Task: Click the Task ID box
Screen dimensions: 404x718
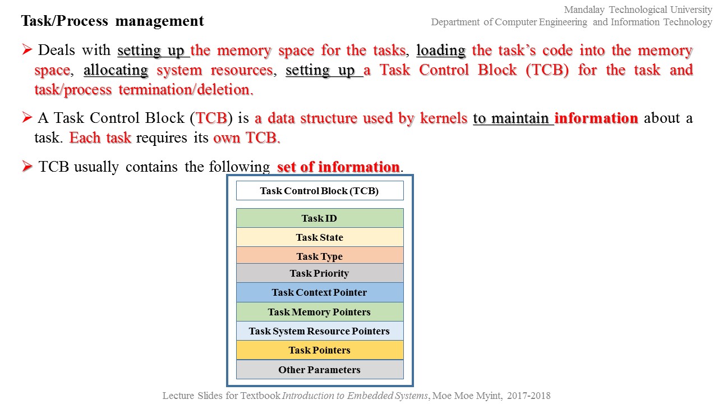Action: tap(319, 218)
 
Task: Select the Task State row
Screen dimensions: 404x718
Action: tap(319, 237)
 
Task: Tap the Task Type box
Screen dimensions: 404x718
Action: tap(319, 256)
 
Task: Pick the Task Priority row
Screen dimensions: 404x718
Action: tap(319, 273)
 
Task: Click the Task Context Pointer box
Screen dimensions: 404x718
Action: tap(319, 292)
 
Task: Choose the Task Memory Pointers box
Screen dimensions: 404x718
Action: tap(319, 312)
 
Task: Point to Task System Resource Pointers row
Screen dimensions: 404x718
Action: tap(319, 331)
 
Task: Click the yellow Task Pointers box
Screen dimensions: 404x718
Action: tap(319, 350)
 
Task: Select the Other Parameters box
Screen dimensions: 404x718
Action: tap(319, 370)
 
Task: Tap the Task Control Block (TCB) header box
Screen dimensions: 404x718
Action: tap(319, 191)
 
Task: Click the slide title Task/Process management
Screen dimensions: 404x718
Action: tap(112, 21)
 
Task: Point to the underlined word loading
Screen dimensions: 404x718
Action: tap(441, 50)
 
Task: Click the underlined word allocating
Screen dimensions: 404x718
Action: tap(116, 70)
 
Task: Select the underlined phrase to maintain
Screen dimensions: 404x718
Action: tap(513, 118)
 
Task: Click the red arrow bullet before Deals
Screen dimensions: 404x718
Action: tap(27, 50)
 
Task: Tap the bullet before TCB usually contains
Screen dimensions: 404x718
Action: tap(27, 167)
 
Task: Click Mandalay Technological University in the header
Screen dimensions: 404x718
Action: tap(638, 10)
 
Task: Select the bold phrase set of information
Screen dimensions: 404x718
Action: tap(338, 167)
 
